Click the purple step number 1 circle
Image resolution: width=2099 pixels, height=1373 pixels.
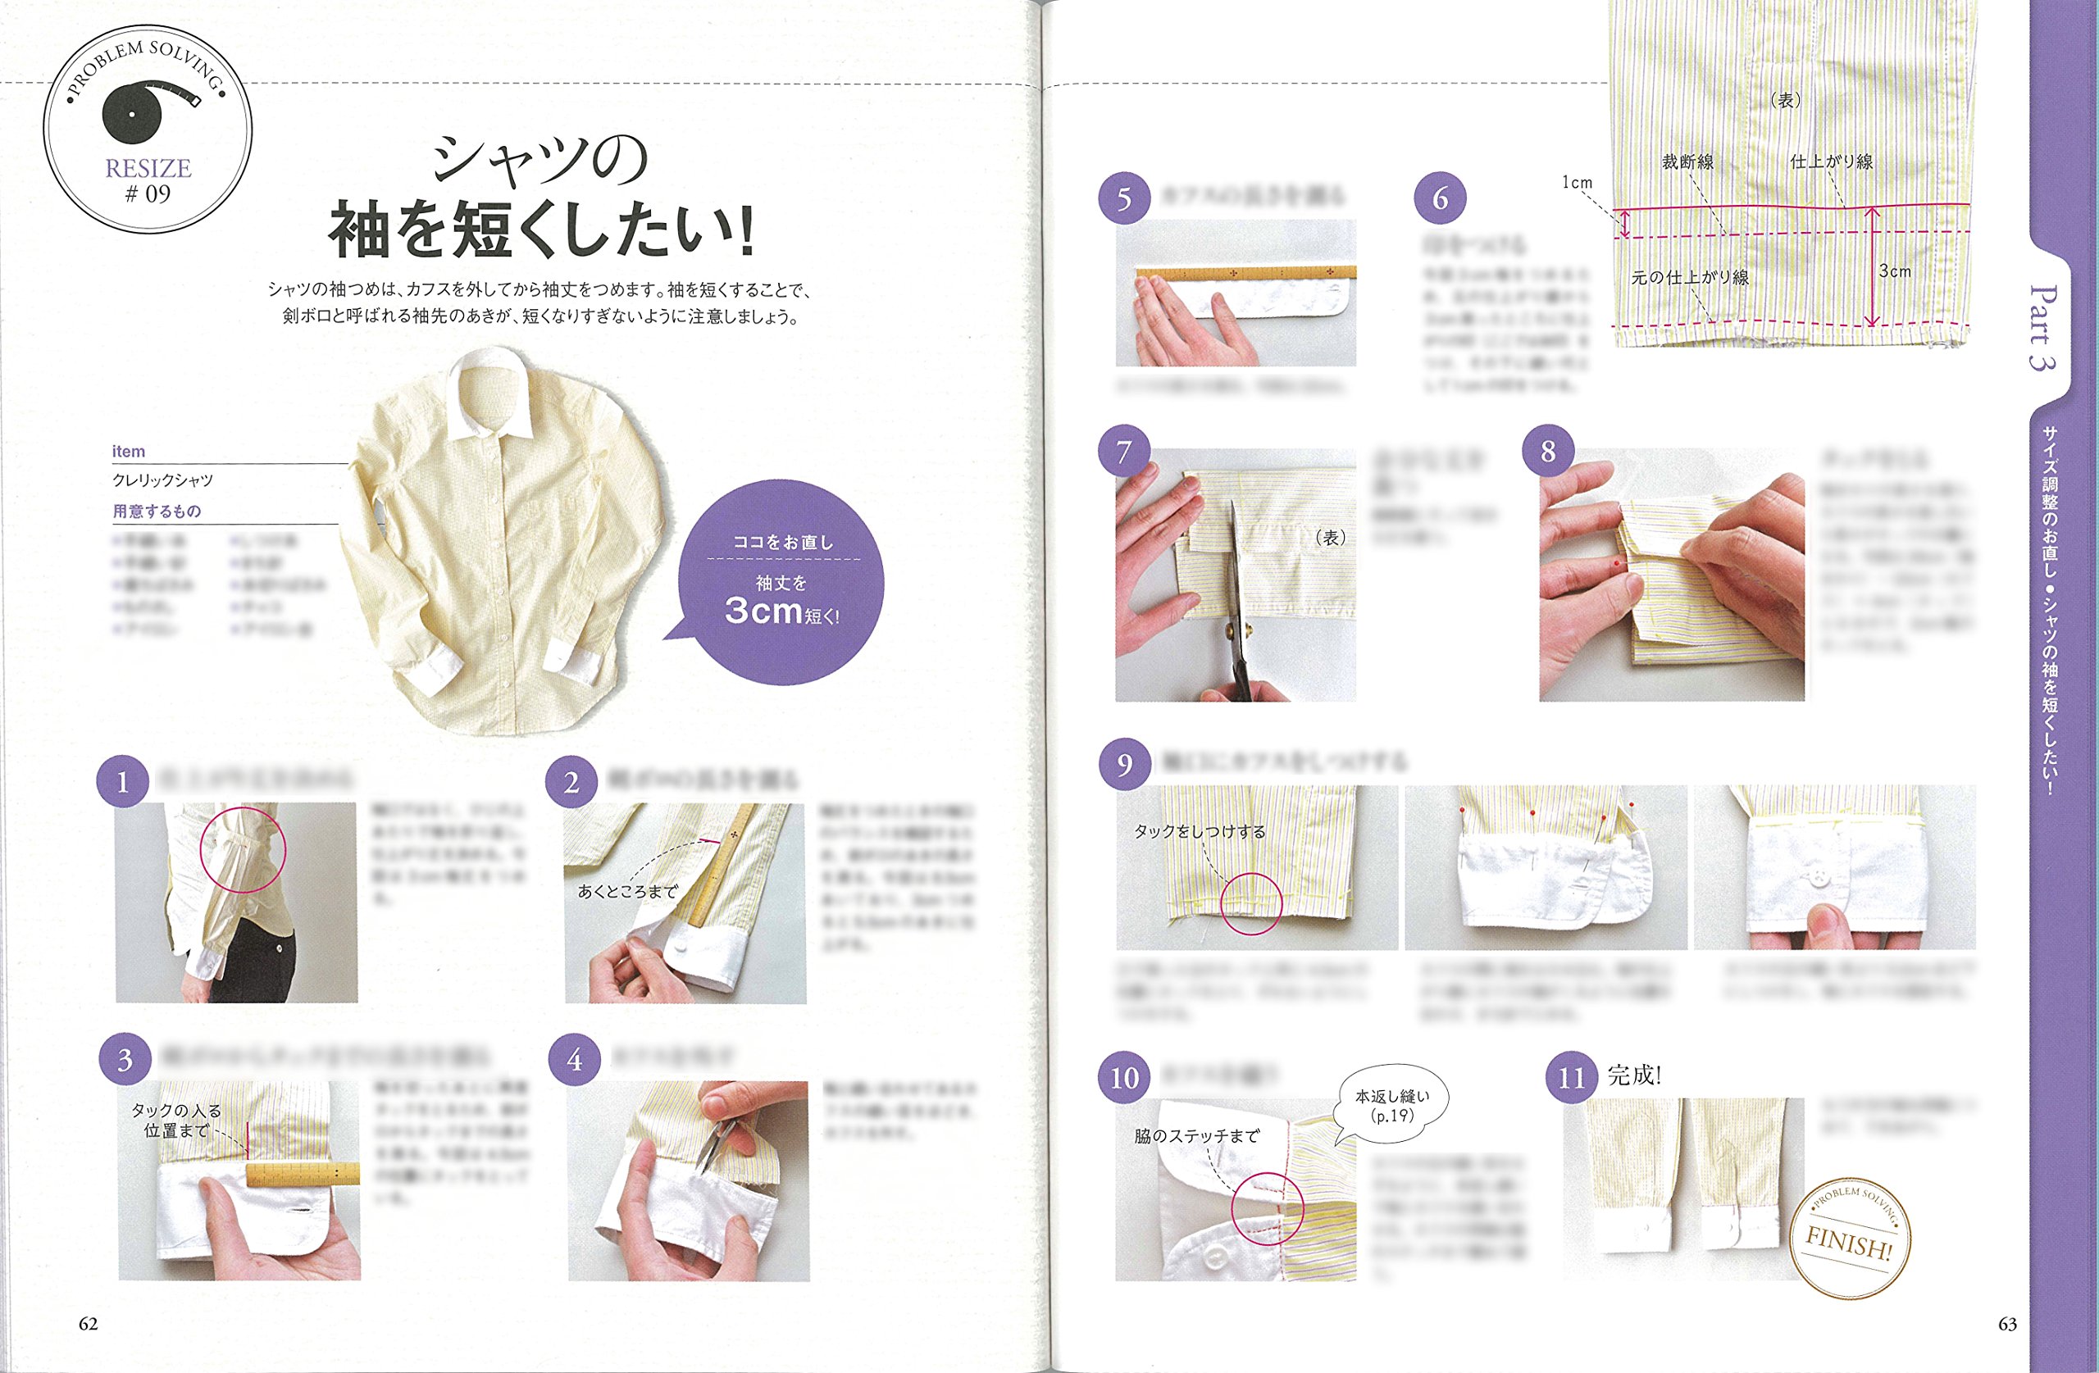[x=123, y=782]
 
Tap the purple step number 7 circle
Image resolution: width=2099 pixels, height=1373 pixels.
[x=1123, y=452]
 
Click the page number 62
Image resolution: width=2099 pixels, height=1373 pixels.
[x=89, y=1324]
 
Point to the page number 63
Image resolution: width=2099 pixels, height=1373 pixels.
[x=2007, y=1324]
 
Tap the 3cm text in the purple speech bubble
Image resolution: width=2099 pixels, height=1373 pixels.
[x=763, y=610]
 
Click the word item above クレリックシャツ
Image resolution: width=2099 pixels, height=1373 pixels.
[x=128, y=452]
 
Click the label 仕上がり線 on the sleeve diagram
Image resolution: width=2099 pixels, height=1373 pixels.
[x=1831, y=162]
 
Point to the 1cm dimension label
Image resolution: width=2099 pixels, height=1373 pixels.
[x=1577, y=183]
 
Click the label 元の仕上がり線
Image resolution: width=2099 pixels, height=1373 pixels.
[x=1689, y=278]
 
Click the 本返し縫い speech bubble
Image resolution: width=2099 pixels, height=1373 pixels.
[x=1391, y=1106]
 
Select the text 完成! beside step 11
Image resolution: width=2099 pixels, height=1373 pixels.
[x=1634, y=1075]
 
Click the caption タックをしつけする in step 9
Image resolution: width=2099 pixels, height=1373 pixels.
[x=1200, y=831]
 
